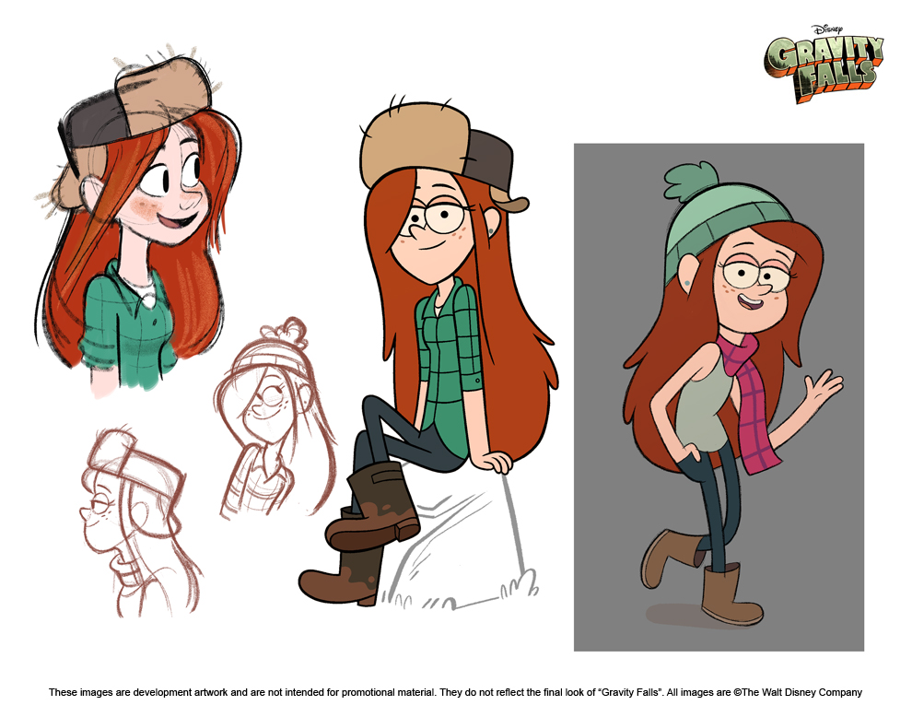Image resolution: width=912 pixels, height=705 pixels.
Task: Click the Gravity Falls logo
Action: coord(823,69)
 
